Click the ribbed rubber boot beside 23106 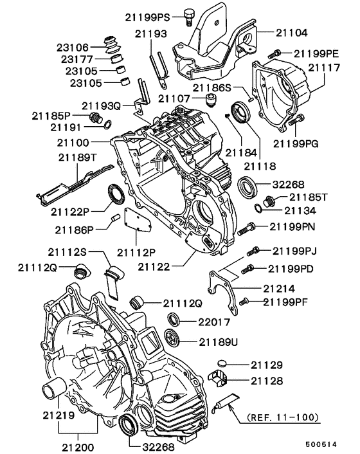(113, 46)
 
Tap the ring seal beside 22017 (174, 320)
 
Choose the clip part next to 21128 (220, 381)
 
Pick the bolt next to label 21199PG (296, 119)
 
